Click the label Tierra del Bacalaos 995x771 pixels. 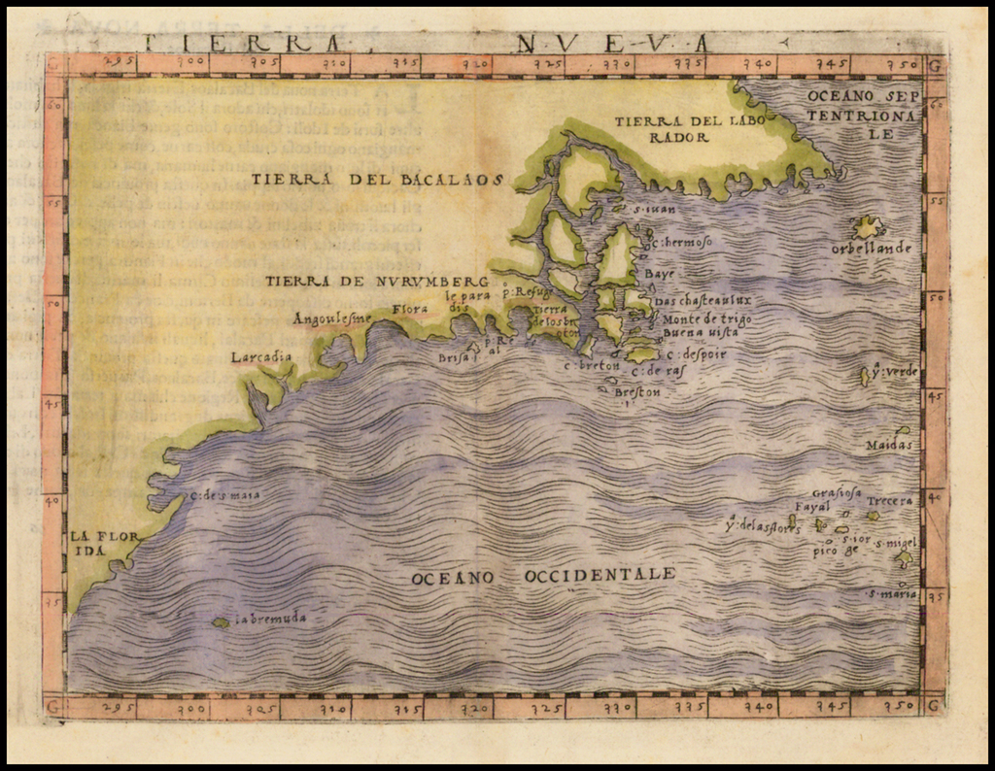coord(378,179)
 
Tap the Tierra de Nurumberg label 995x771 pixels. coord(376,281)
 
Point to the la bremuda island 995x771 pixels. coord(222,622)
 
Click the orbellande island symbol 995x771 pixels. coord(866,227)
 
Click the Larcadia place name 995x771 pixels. coord(261,357)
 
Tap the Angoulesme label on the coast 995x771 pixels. coord(332,318)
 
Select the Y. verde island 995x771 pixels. coord(865,376)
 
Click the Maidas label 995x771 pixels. coord(890,446)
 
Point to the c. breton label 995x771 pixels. coord(593,366)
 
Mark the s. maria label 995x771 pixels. coord(892,593)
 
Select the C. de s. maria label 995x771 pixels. coord(224,496)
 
